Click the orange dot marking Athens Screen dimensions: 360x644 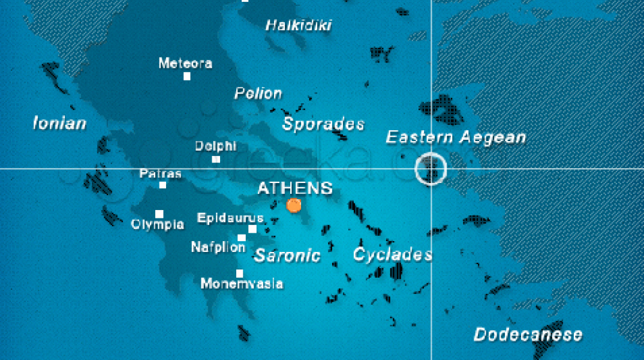(x=294, y=205)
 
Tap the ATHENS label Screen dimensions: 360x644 (x=295, y=188)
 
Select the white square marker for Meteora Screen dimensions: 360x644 (x=187, y=76)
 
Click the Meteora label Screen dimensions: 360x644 (x=185, y=63)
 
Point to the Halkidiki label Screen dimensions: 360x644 (x=299, y=25)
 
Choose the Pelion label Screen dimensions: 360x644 (x=258, y=94)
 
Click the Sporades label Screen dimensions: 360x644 (x=323, y=124)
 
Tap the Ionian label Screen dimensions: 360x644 (x=59, y=124)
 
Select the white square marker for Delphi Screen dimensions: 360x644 (x=216, y=159)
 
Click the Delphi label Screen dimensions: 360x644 (x=216, y=146)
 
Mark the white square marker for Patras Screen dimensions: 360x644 (x=162, y=185)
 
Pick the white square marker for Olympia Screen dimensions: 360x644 (x=159, y=214)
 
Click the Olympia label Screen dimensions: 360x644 (x=158, y=225)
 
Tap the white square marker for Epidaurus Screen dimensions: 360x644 (x=252, y=229)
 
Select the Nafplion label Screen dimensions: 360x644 (x=218, y=247)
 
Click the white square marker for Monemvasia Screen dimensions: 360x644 (x=240, y=274)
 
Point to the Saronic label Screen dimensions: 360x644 (x=287, y=256)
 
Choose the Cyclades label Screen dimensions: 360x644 (x=392, y=254)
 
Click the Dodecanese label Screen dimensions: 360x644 (x=528, y=334)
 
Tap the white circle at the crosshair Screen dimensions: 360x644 (x=431, y=169)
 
